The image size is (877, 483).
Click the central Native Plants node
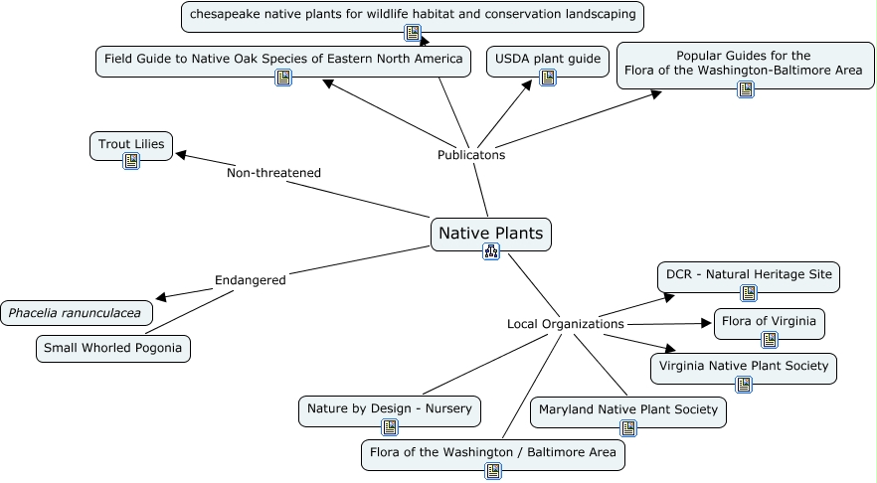[490, 235]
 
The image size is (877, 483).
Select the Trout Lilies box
[130, 145]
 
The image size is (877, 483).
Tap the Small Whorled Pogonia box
[113, 349]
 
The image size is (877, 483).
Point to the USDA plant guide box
[547, 60]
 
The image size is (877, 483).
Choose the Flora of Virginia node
[769, 321]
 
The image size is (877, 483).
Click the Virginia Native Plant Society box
[743, 366]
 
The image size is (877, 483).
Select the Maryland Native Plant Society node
[627, 409]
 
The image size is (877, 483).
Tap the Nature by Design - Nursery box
[390, 408]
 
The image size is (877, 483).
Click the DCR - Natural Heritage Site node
[748, 275]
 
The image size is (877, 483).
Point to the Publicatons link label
[471, 155]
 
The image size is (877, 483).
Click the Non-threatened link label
[273, 173]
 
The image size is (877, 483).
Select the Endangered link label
[250, 280]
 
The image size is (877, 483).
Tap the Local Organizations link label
[565, 324]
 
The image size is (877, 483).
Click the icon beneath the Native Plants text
[490, 251]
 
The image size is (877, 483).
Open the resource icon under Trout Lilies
[130, 160]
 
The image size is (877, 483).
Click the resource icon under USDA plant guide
[547, 77]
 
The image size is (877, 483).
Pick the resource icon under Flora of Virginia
[769, 340]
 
